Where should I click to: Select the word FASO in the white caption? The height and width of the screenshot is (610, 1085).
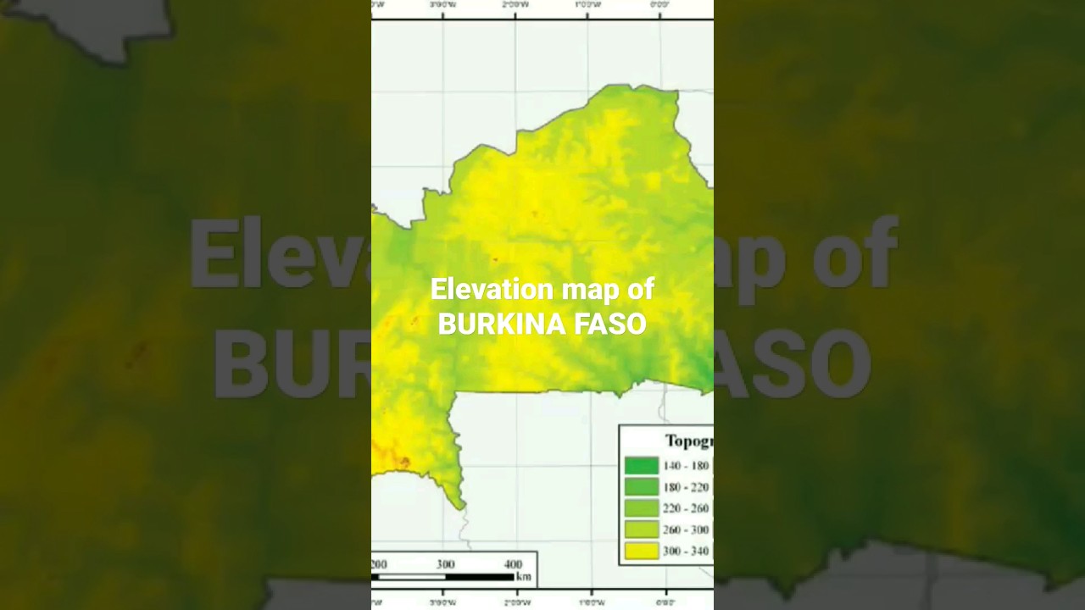pyautogui.click(x=610, y=324)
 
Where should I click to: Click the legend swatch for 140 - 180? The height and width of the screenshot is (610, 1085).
pyautogui.click(x=641, y=465)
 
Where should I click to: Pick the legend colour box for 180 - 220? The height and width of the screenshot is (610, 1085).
pyautogui.click(x=641, y=487)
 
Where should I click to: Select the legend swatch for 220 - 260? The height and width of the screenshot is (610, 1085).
pyautogui.click(x=641, y=508)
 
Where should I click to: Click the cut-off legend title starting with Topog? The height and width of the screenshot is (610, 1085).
pyautogui.click(x=688, y=441)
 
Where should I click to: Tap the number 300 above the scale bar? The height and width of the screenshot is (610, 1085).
pyautogui.click(x=445, y=564)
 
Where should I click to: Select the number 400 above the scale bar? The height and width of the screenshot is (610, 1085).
pyautogui.click(x=513, y=564)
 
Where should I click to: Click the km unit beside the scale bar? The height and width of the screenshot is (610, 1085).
pyautogui.click(x=524, y=578)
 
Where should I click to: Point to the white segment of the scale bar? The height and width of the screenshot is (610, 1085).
pyautogui.click(x=411, y=577)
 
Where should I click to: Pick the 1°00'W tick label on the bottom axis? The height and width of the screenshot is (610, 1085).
pyautogui.click(x=591, y=603)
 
